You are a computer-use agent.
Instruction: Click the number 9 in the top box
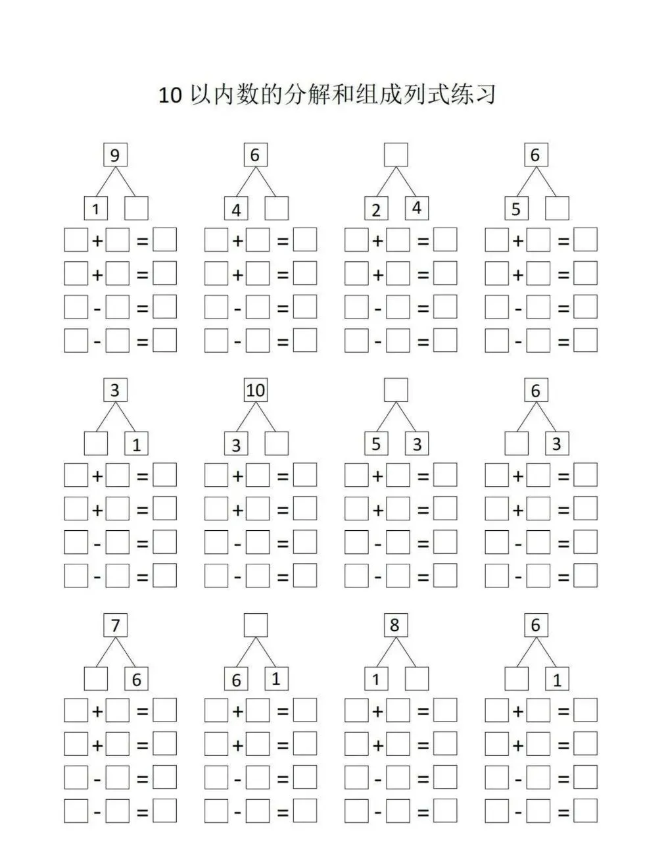[115, 155]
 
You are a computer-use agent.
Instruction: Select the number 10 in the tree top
[255, 390]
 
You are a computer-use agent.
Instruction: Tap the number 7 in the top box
[115, 625]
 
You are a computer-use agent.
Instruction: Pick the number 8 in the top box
[394, 625]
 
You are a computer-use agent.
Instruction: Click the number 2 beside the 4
[376, 210]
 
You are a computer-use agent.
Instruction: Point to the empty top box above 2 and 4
[396, 155]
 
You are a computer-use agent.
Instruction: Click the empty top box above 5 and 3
[396, 390]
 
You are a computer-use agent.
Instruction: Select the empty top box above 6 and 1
[255, 625]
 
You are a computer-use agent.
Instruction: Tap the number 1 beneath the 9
[96, 210]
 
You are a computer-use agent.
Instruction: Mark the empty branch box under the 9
[136, 209]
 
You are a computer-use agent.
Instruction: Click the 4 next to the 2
[416, 208]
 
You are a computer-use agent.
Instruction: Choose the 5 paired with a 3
[376, 444]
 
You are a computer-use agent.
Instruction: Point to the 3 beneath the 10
[236, 445]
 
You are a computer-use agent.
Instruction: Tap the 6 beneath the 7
[136, 680]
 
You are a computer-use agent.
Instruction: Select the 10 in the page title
[170, 95]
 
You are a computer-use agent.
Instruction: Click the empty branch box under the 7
[96, 679]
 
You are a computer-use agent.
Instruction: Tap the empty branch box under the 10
[276, 444]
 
